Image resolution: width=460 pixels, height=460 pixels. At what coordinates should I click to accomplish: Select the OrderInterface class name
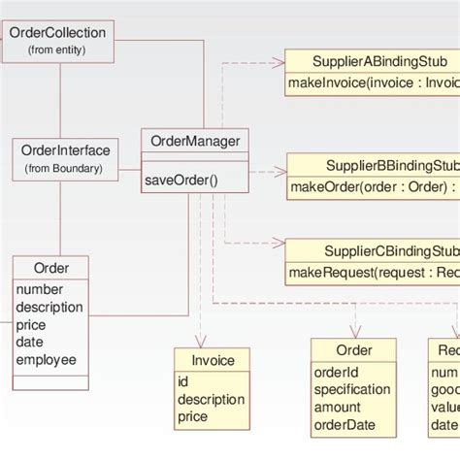[x=66, y=150]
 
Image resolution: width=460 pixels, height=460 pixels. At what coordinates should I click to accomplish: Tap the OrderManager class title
[x=195, y=142]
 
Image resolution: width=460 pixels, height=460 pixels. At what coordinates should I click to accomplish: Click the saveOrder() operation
[x=181, y=179]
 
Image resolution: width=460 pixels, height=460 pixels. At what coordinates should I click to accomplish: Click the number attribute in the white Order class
[x=39, y=289]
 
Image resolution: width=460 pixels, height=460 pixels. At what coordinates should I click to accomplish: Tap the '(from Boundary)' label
[x=65, y=169]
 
